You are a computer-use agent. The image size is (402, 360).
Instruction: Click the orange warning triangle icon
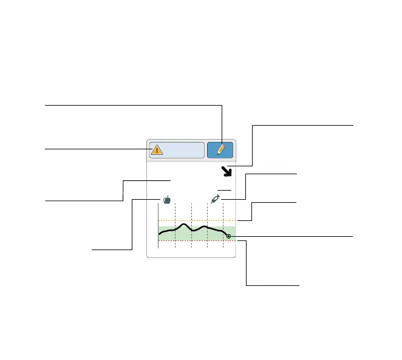point(157,150)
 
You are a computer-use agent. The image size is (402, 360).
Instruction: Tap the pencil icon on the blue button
point(221,150)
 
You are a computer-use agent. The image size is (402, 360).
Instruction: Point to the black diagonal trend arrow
point(228,172)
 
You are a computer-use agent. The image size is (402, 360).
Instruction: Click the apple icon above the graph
point(166,199)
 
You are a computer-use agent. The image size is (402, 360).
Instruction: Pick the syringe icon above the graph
point(216,199)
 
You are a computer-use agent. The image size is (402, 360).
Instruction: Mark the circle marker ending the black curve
point(228,236)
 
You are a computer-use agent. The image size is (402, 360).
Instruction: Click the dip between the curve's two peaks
point(194,231)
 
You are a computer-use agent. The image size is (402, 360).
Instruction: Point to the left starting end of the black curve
point(159,233)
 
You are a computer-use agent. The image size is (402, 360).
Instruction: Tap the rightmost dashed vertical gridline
point(223,212)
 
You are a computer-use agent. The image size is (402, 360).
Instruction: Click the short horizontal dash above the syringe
point(224,190)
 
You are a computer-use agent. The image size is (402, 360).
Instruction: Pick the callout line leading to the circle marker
point(291,236)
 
